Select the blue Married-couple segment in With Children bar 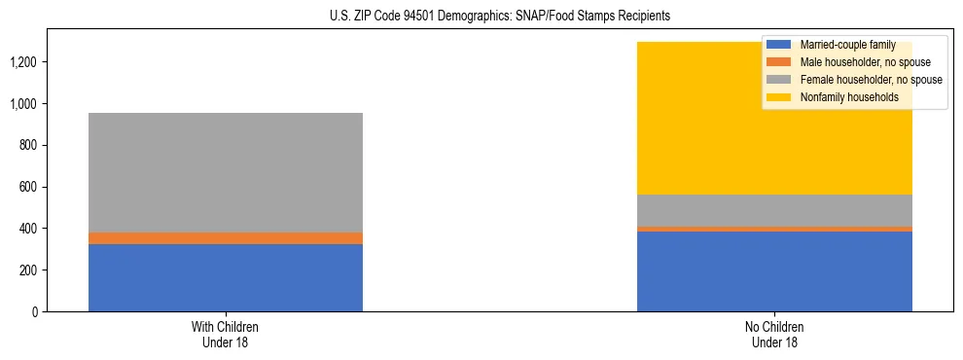pos(225,277)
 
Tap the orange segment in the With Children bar pos(225,238)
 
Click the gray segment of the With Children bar pos(225,172)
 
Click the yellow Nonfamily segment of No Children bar pos(681,118)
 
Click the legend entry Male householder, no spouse pos(852,62)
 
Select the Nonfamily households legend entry pos(841,97)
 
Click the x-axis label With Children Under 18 pos(225,334)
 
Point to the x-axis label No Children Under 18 pos(774,334)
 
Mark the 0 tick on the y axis pos(35,312)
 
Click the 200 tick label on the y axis pos(29,270)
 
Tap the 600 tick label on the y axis pos(29,187)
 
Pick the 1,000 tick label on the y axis pos(25,104)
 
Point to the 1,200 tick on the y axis pos(25,62)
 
